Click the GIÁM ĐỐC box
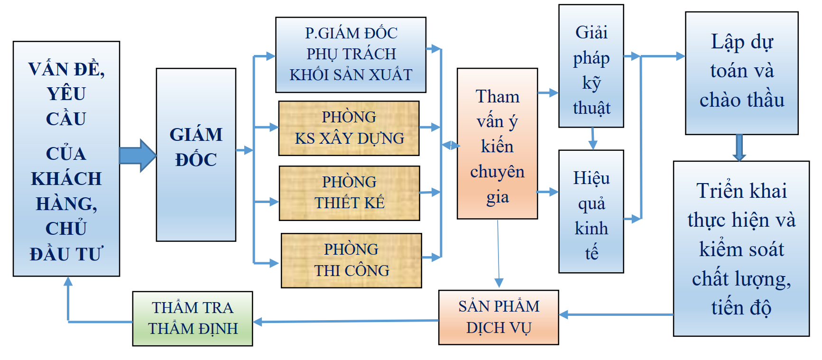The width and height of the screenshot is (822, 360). (196, 154)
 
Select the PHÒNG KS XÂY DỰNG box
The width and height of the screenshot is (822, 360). (349, 128)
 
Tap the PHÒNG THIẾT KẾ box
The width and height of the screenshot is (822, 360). (349, 193)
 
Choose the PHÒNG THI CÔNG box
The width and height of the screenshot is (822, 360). (351, 260)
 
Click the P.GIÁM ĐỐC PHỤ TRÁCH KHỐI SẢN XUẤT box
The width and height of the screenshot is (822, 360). (351, 55)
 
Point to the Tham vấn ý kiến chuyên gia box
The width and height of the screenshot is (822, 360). (497, 143)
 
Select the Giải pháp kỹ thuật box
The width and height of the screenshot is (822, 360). (591, 66)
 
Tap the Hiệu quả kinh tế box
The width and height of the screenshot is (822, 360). (591, 212)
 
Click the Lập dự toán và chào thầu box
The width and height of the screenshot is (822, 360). (741, 73)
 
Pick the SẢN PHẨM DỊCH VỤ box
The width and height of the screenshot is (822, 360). (499, 317)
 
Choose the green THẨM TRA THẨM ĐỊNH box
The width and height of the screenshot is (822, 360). (193, 318)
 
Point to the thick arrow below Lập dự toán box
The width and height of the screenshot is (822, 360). (739, 148)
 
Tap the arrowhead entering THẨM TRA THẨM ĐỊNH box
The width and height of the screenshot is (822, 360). (258, 322)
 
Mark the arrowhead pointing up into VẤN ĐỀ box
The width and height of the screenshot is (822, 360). (68, 281)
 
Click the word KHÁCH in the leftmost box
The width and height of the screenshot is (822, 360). (66, 179)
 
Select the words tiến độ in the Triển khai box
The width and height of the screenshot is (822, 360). (741, 308)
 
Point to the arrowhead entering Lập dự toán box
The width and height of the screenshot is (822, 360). (680, 56)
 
